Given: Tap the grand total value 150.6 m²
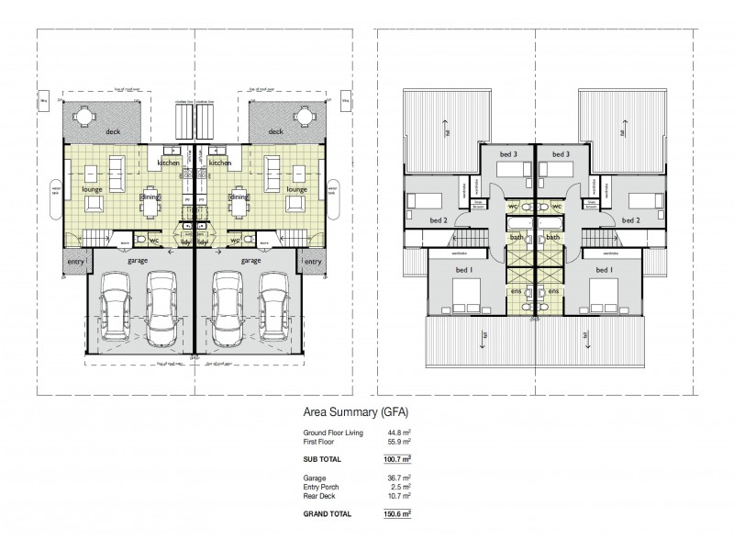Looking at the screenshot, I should pyautogui.click(x=395, y=514).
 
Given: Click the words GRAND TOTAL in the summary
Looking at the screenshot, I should pyautogui.click(x=328, y=514).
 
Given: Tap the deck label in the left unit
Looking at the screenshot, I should pyautogui.click(x=112, y=132).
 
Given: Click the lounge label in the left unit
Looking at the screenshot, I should pyautogui.click(x=93, y=187).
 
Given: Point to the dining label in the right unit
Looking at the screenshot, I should pyautogui.click(x=239, y=197).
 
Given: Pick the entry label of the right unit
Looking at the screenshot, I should pyautogui.click(x=313, y=262).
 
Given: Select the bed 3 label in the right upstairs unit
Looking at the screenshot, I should pyautogui.click(x=562, y=154).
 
